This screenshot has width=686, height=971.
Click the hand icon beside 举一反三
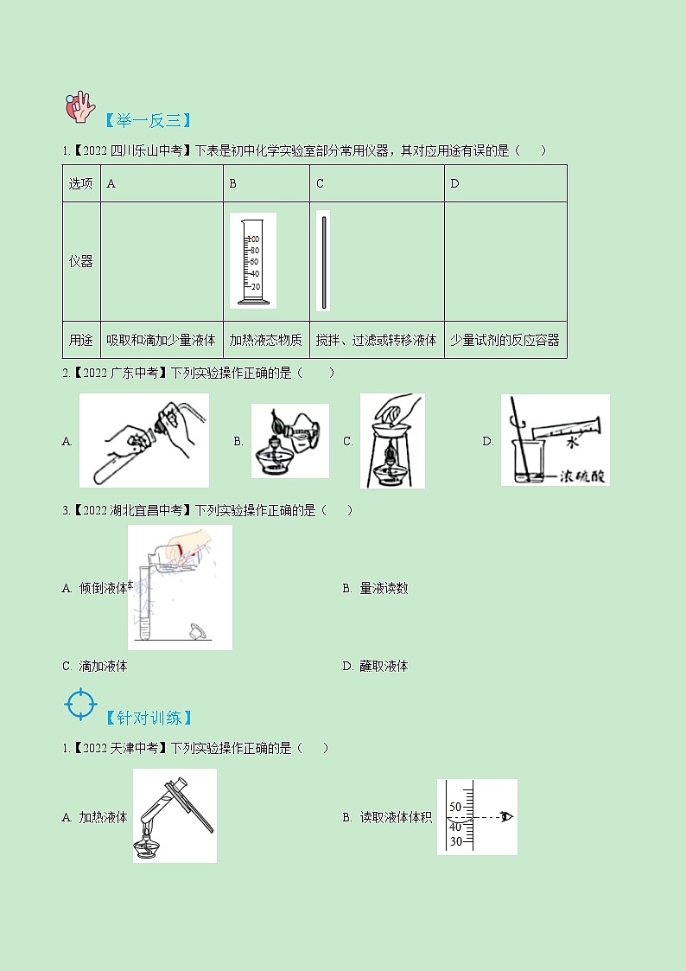point(80,106)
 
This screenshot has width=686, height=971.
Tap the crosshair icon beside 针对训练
point(80,704)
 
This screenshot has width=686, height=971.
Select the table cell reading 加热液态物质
point(265,341)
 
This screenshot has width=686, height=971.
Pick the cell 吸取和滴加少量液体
point(161,341)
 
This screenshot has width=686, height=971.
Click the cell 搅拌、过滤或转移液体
point(376,341)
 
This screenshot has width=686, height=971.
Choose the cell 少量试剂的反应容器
point(505,341)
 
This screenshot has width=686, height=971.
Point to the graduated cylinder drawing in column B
point(253,260)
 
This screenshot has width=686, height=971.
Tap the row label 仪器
point(81,261)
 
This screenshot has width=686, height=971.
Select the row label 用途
point(81,341)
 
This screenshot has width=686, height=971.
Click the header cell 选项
point(81,183)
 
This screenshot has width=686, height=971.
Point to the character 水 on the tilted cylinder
point(571,443)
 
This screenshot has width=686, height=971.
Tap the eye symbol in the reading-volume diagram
point(505,817)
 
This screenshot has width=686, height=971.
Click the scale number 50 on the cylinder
point(455,808)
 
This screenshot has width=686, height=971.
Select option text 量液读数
point(384,588)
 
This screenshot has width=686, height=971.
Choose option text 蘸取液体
point(384,666)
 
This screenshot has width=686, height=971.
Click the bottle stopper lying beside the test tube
point(199,631)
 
